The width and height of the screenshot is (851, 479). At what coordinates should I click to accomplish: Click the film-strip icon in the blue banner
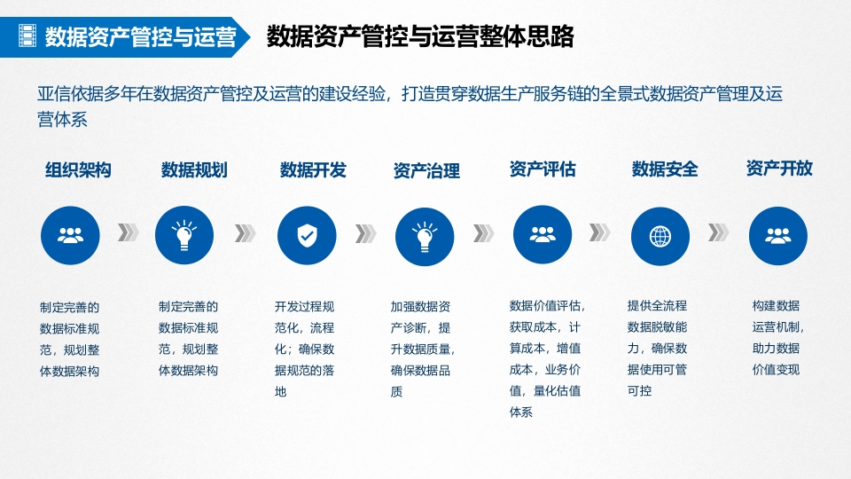click(x=27, y=35)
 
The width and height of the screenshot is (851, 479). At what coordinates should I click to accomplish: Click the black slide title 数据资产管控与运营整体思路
click(x=420, y=36)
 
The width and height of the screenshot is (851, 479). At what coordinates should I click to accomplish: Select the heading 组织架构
click(x=78, y=170)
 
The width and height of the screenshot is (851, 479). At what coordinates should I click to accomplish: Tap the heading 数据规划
click(x=194, y=170)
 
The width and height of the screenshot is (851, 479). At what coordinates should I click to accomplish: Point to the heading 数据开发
click(x=313, y=170)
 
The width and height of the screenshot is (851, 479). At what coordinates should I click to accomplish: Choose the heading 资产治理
click(x=426, y=171)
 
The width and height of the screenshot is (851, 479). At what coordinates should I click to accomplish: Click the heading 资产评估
click(x=543, y=169)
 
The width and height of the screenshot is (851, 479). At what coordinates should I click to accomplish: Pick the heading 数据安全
click(x=665, y=169)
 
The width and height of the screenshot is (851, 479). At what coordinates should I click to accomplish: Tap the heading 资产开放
click(x=779, y=169)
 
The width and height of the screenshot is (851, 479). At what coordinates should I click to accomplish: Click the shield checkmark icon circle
click(x=307, y=236)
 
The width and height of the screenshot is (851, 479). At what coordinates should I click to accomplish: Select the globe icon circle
click(x=660, y=236)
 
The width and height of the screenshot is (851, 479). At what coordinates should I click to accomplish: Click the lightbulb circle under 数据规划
click(x=184, y=235)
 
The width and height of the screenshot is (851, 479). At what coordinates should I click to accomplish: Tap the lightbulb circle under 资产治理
click(x=425, y=236)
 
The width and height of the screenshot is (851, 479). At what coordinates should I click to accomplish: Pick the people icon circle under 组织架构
click(x=70, y=235)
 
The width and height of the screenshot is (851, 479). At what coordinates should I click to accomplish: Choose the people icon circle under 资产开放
click(x=777, y=236)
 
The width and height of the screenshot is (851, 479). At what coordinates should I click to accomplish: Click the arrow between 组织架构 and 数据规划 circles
click(x=128, y=232)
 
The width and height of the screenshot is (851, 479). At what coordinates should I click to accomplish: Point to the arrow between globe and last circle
click(x=718, y=232)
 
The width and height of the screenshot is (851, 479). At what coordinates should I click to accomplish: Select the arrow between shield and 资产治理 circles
click(x=365, y=233)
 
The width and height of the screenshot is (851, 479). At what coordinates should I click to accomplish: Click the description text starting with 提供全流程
click(x=657, y=348)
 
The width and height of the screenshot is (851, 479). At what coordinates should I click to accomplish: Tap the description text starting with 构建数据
click(x=777, y=337)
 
